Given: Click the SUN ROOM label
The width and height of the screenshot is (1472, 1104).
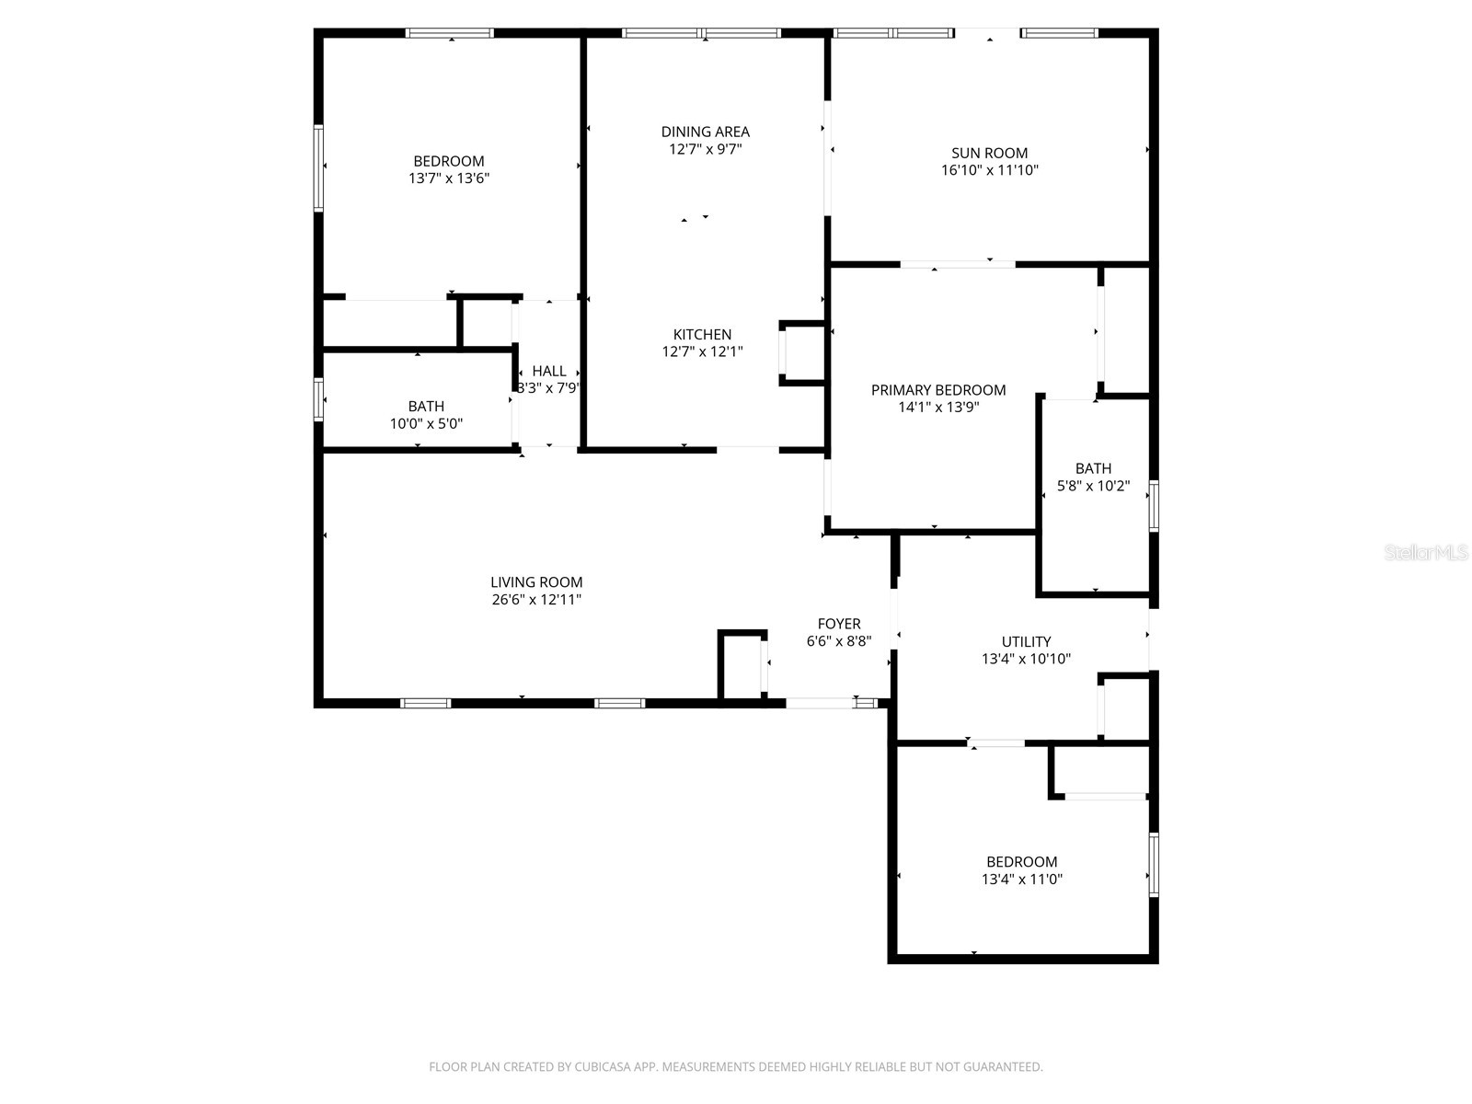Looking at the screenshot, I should (x=989, y=153).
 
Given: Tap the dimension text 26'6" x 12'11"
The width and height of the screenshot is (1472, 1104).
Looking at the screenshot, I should (x=536, y=600).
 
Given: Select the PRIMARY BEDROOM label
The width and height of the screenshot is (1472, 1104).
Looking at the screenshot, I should (x=938, y=390).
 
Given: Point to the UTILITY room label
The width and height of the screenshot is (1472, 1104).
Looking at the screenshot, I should (x=1026, y=641).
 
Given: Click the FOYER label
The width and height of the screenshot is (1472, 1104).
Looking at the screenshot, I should (x=839, y=624).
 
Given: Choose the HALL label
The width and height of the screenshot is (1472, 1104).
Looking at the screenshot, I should (x=549, y=371).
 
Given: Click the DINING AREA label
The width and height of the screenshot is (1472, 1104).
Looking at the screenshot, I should (x=705, y=132).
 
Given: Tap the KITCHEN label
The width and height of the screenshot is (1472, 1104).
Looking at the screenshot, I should (x=702, y=335).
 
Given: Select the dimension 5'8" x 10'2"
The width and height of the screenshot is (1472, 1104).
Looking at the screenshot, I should (x=1093, y=486).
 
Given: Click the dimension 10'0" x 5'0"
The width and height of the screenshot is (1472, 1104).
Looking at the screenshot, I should (x=426, y=424).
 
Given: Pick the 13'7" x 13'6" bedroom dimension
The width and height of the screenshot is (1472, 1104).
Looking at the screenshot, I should (x=449, y=178).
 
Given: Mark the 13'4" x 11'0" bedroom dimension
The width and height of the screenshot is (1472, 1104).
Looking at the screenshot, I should (x=1021, y=880).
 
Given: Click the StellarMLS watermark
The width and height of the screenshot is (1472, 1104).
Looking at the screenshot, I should (x=1426, y=553).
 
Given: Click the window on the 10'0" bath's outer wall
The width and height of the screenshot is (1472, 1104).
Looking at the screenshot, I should (x=319, y=400).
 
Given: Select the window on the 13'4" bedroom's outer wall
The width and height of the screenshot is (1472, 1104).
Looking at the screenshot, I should (x=1154, y=865).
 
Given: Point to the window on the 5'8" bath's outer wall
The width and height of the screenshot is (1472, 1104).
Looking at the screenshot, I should (x=1154, y=506).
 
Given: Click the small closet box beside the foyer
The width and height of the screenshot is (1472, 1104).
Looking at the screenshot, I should (x=742, y=664).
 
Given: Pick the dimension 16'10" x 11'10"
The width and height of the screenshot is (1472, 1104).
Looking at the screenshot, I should (x=989, y=170).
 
